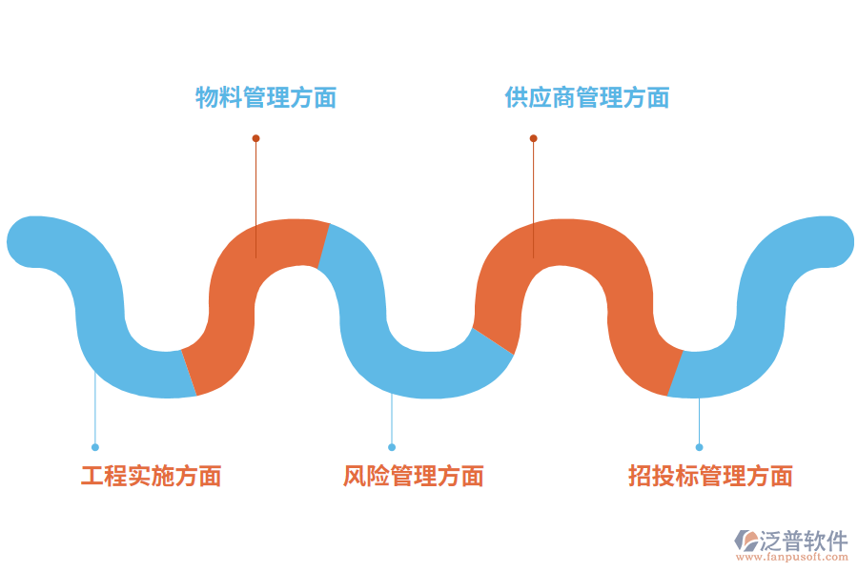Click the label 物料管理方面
[266, 97]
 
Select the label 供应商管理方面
[586, 97]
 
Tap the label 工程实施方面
[151, 476]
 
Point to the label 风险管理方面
[413, 476]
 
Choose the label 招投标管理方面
[710, 476]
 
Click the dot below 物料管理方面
[255, 138]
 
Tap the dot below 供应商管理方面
[533, 138]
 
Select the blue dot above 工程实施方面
[95, 447]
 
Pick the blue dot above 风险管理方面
[392, 447]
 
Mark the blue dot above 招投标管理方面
[699, 447]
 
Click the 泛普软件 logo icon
[745, 541]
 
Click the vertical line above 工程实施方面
[95, 410]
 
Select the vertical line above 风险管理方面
[392, 419]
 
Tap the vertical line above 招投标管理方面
[699, 419]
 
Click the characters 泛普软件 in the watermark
[803, 541]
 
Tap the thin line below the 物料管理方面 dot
[255, 191]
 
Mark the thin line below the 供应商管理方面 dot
[533, 191]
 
